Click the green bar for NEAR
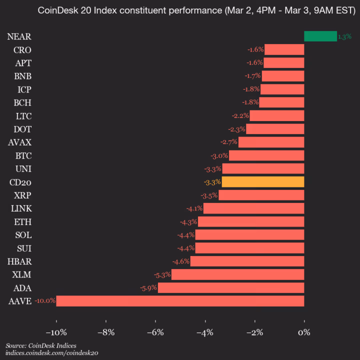tap(320, 36)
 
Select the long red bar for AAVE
tap(180, 301)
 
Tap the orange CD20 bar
tap(263, 181)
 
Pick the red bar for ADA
tap(231, 287)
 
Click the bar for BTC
tap(266, 155)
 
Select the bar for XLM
tap(238, 274)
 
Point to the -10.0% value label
tap(45, 301)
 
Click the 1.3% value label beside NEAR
tap(344, 36)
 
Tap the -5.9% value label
tap(148, 288)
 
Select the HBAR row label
tap(20, 261)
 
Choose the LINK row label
tap(21, 208)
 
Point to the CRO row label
tap(22, 49)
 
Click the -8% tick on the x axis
tap(106, 332)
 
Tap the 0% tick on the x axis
tap(304, 332)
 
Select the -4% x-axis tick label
tap(205, 332)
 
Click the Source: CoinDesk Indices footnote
tap(37, 345)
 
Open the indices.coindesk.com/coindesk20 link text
tap(52, 353)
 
